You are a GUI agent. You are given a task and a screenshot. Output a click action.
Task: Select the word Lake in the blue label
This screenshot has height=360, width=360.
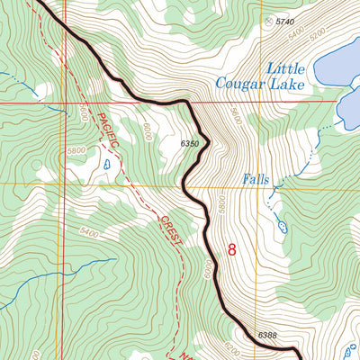coord(287,85)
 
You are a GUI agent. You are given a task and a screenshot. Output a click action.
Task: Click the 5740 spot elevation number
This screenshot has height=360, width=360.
coord(285,21)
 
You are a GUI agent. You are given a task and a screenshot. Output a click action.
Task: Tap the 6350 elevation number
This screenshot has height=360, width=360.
coord(188,143)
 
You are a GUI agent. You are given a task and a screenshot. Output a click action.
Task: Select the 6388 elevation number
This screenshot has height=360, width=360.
coord(267,336)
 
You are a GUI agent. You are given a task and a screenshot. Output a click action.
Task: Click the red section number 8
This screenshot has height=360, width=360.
coord(231,250)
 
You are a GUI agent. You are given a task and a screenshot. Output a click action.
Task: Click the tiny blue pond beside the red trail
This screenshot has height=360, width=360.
coord(107,164)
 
